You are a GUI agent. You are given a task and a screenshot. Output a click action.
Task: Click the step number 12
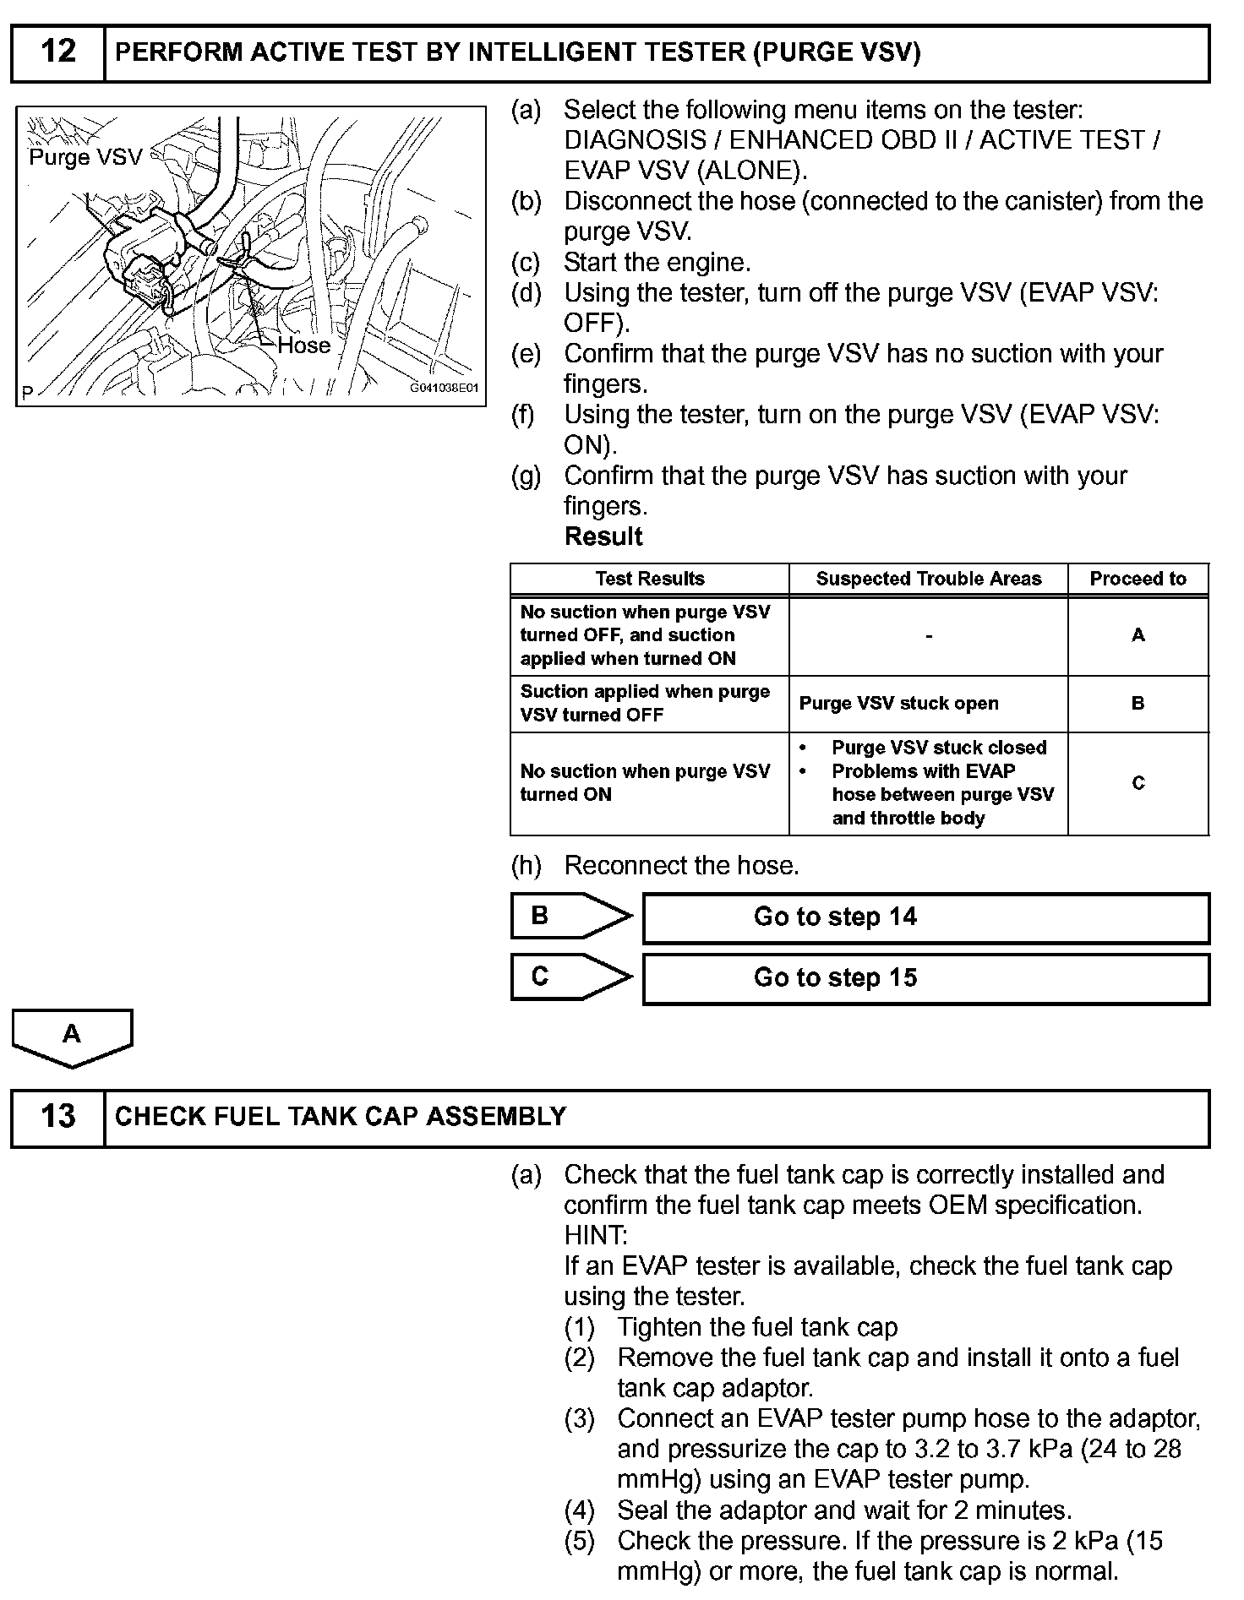coord(57,52)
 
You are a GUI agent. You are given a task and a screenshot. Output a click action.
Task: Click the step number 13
coord(57,1117)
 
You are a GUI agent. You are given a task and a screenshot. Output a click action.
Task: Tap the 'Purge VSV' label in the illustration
coord(85,158)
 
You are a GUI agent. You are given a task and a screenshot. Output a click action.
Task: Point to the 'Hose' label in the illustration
coord(304,346)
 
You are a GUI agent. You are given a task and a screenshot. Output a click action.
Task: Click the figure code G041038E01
coord(444,389)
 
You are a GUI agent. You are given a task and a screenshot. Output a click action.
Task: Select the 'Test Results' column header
coord(649,579)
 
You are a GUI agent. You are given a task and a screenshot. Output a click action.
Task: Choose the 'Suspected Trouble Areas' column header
coord(928,579)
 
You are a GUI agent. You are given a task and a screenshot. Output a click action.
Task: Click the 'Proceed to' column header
coord(1138,579)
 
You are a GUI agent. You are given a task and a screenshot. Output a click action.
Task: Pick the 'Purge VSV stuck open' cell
coord(898,704)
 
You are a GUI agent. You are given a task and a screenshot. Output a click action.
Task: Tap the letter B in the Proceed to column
coord(1138,704)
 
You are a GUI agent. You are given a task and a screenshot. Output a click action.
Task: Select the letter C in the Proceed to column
coord(1138,783)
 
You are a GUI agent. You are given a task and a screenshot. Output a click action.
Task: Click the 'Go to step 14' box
coord(925,917)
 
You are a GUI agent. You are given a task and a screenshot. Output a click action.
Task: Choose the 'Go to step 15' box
coord(925,978)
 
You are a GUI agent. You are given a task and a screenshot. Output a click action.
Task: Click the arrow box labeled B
coord(570,916)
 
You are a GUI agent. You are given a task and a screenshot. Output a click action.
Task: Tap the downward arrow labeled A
coord(72,1037)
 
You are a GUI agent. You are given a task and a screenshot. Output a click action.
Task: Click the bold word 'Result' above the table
coord(603,536)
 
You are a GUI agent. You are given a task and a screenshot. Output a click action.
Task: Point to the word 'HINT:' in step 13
coord(596,1236)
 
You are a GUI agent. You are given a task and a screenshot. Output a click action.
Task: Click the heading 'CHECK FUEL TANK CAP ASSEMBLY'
coord(341,1117)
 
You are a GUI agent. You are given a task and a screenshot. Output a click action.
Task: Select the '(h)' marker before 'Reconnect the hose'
coord(526,866)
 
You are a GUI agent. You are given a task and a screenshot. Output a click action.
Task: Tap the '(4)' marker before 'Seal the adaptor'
coord(580,1510)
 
